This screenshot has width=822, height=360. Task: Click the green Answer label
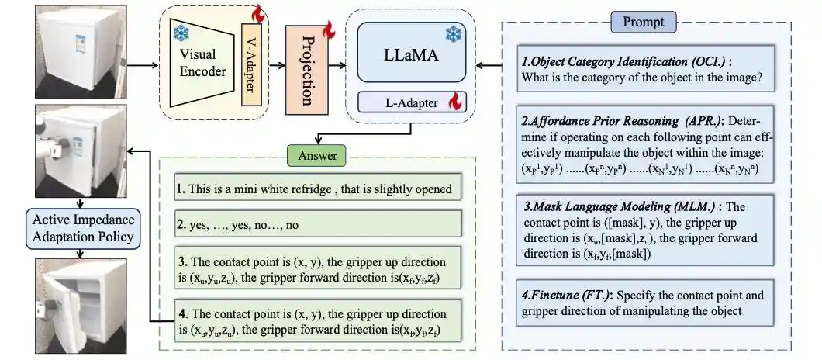(x=319, y=155)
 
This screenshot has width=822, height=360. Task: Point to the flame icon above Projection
(x=327, y=30)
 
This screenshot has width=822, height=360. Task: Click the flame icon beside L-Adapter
(x=456, y=102)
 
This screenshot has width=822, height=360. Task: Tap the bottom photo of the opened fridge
(x=73, y=303)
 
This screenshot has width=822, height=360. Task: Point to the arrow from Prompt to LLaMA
(x=489, y=65)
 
